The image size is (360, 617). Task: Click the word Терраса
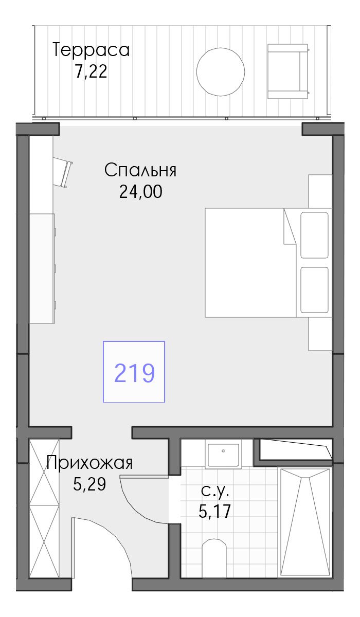91,50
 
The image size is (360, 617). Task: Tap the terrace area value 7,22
91,72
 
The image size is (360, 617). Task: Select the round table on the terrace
220,71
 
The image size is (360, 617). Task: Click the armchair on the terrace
288,71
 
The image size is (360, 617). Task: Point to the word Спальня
140,170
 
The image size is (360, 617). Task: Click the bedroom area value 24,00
141,191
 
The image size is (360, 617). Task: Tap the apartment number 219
134,373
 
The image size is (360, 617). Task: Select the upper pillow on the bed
314,235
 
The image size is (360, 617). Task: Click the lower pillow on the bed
314,290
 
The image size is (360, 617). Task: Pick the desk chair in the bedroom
62,172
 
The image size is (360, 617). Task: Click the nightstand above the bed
320,191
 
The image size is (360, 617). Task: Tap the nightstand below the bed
320,334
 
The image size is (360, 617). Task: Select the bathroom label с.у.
215,492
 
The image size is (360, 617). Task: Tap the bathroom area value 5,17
214,511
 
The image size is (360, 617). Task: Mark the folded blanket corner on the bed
290,226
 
